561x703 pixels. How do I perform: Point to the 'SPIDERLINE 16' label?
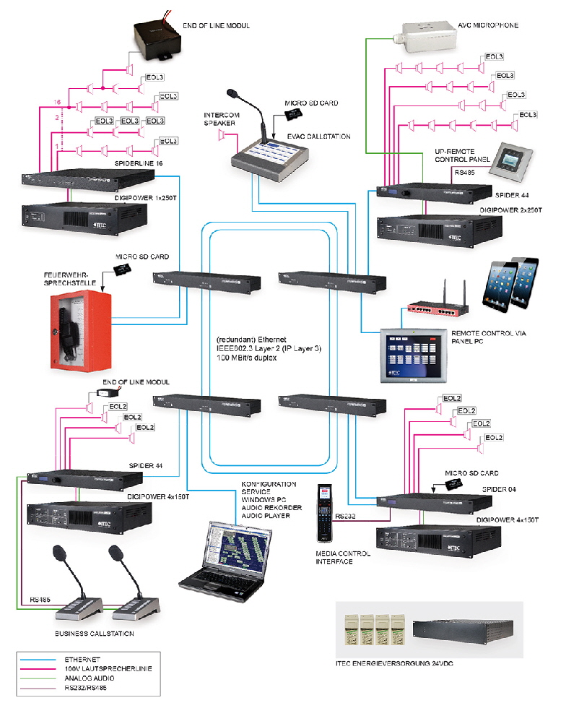coord(139,165)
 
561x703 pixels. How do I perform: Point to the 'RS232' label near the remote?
coord(345,517)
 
